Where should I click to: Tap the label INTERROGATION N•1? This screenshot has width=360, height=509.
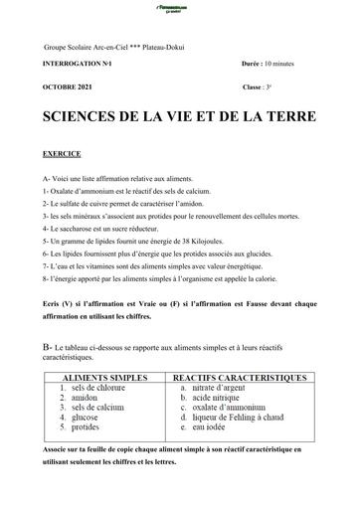click(x=80, y=63)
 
